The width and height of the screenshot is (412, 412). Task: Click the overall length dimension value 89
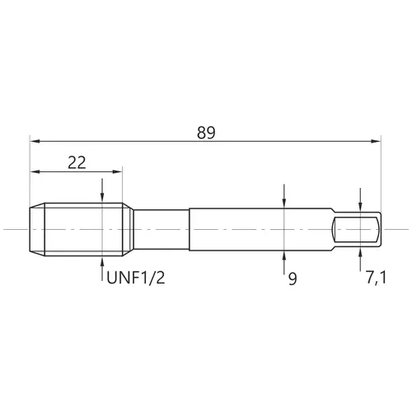[206, 133]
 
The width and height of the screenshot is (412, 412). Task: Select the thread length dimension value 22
[77, 162]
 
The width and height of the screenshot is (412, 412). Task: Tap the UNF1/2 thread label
[136, 278]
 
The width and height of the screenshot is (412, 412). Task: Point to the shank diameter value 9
[293, 279]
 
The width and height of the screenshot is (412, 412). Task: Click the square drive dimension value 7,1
[376, 278]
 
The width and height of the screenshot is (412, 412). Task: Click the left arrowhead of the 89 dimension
[35, 141]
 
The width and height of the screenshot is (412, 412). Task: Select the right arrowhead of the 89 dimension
[375, 141]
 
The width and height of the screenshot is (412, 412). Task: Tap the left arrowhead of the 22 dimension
[35, 171]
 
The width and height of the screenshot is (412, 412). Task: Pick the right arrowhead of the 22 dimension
[117, 171]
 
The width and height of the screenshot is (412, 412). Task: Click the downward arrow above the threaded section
[102, 190]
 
